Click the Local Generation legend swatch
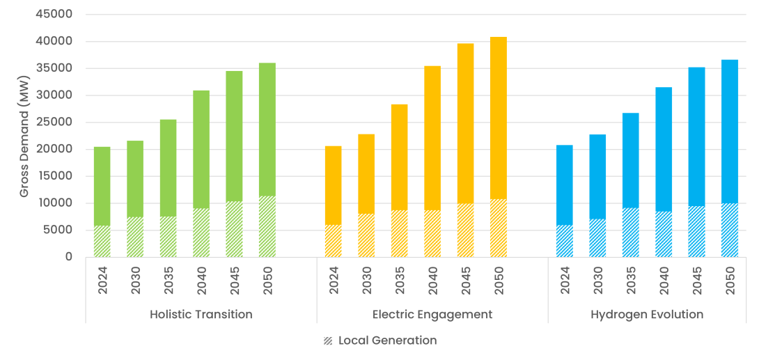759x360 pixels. tap(328, 341)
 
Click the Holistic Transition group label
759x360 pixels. tap(201, 315)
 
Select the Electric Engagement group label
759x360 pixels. tap(432, 315)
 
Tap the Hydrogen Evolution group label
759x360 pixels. tap(647, 315)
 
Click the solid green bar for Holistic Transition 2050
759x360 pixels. tap(267, 130)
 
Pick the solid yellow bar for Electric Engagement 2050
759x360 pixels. tap(499, 118)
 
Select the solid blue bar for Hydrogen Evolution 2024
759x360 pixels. tap(565, 185)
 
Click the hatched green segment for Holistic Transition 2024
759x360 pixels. tap(102, 241)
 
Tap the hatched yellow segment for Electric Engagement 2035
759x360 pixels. tap(399, 233)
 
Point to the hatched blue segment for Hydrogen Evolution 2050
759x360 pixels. tap(730, 230)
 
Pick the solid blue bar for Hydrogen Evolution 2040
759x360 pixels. tap(664, 149)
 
